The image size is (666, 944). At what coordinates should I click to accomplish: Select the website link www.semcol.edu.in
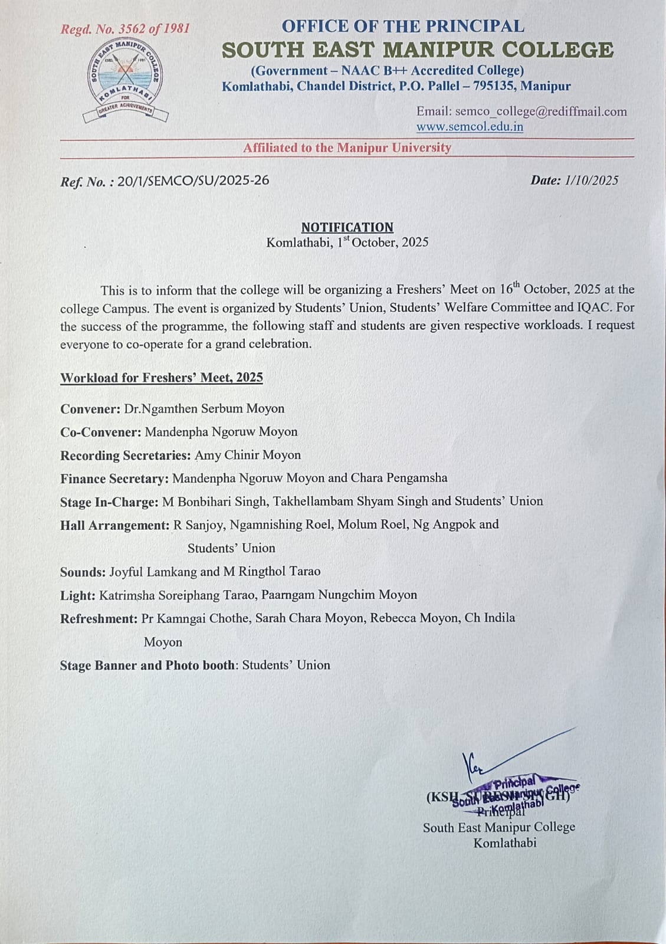(x=470, y=127)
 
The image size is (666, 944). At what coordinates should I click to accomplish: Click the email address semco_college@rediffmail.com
(x=540, y=112)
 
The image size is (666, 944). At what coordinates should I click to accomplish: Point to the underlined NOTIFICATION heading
(x=347, y=227)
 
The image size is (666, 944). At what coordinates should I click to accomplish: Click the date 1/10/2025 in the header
(x=591, y=181)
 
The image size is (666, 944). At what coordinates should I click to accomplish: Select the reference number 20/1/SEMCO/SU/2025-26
(x=193, y=181)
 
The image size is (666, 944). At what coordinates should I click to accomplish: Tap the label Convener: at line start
(x=90, y=409)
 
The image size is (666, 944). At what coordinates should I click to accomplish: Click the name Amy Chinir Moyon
(x=248, y=455)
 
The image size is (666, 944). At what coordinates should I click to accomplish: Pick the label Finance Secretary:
(x=114, y=478)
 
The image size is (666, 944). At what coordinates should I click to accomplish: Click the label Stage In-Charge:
(x=109, y=501)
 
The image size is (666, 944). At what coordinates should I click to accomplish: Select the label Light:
(x=77, y=595)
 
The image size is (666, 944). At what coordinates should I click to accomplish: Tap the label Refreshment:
(x=99, y=618)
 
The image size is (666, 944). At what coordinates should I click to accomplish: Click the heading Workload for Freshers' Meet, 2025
(x=161, y=378)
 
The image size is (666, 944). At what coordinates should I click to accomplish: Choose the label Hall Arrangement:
(x=114, y=525)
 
